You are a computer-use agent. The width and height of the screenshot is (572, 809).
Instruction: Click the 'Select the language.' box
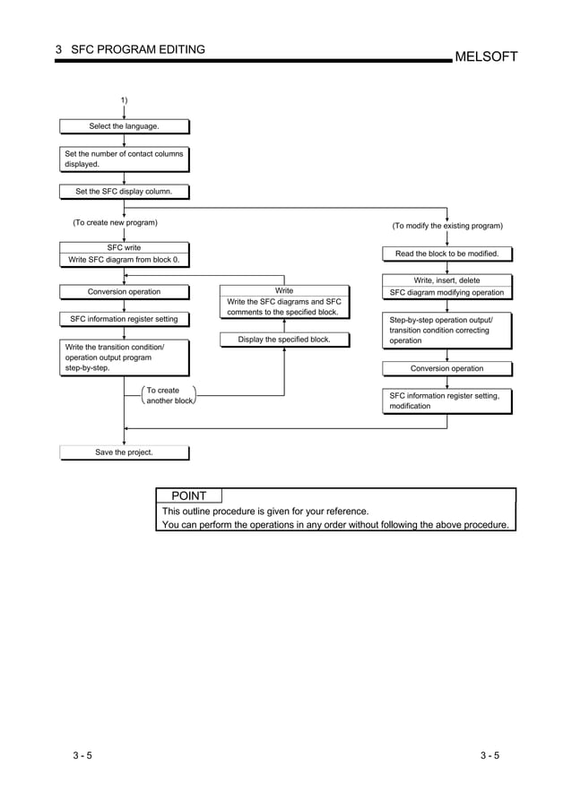(124, 126)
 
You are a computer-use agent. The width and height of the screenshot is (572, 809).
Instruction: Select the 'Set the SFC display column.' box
(124, 191)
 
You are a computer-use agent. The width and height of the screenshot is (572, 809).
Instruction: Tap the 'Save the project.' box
(124, 452)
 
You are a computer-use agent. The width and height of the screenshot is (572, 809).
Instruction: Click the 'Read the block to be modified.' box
(446, 254)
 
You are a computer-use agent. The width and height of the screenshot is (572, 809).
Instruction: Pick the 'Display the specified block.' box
(284, 340)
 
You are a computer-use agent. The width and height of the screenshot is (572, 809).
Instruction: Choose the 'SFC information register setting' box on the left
(124, 319)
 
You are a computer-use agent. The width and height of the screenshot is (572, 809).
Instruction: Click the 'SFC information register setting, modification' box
(446, 400)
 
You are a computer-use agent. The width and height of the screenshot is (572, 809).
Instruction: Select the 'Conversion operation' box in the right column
(446, 368)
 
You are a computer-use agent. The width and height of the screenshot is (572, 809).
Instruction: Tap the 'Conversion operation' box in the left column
(124, 291)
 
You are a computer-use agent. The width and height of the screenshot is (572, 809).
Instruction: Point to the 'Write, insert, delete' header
(446, 280)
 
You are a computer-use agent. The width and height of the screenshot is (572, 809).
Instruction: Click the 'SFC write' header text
(124, 247)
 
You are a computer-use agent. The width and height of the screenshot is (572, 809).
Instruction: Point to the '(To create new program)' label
(115, 222)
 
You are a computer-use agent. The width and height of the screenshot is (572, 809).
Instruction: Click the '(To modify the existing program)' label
(447, 226)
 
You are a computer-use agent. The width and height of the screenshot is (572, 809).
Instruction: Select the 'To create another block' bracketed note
(169, 396)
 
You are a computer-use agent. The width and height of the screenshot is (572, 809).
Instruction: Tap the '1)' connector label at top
(124, 99)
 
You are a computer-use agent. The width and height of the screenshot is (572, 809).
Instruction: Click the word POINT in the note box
(189, 495)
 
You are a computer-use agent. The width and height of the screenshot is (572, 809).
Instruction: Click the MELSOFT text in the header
(486, 56)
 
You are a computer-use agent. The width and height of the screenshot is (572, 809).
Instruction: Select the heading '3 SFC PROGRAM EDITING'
(130, 49)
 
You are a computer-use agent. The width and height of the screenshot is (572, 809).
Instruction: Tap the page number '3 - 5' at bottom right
(490, 755)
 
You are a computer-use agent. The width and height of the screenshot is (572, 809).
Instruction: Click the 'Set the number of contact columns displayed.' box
(124, 159)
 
